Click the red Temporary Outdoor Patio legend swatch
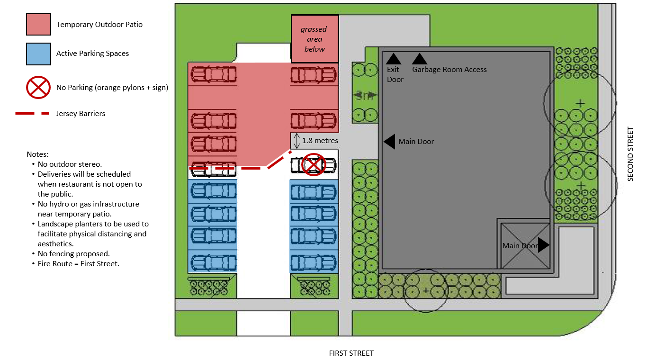[38, 24]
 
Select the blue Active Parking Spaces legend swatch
[38, 54]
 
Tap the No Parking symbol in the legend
[38, 87]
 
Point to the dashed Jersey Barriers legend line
[32, 114]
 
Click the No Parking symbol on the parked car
[313, 164]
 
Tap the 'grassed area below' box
[315, 39]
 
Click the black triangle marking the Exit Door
[394, 59]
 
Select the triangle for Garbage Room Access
[419, 59]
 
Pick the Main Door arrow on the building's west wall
[389, 141]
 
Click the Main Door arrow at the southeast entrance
[543, 245]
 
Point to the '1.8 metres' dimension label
[320, 141]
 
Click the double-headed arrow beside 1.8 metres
[297, 140]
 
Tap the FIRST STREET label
[351, 353]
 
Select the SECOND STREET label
[630, 153]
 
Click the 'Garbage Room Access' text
[449, 70]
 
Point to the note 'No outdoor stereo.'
[70, 164]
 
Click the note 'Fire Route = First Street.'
[78, 264]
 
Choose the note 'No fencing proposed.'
[73, 254]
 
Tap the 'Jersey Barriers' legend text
[81, 114]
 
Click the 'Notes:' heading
[37, 154]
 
